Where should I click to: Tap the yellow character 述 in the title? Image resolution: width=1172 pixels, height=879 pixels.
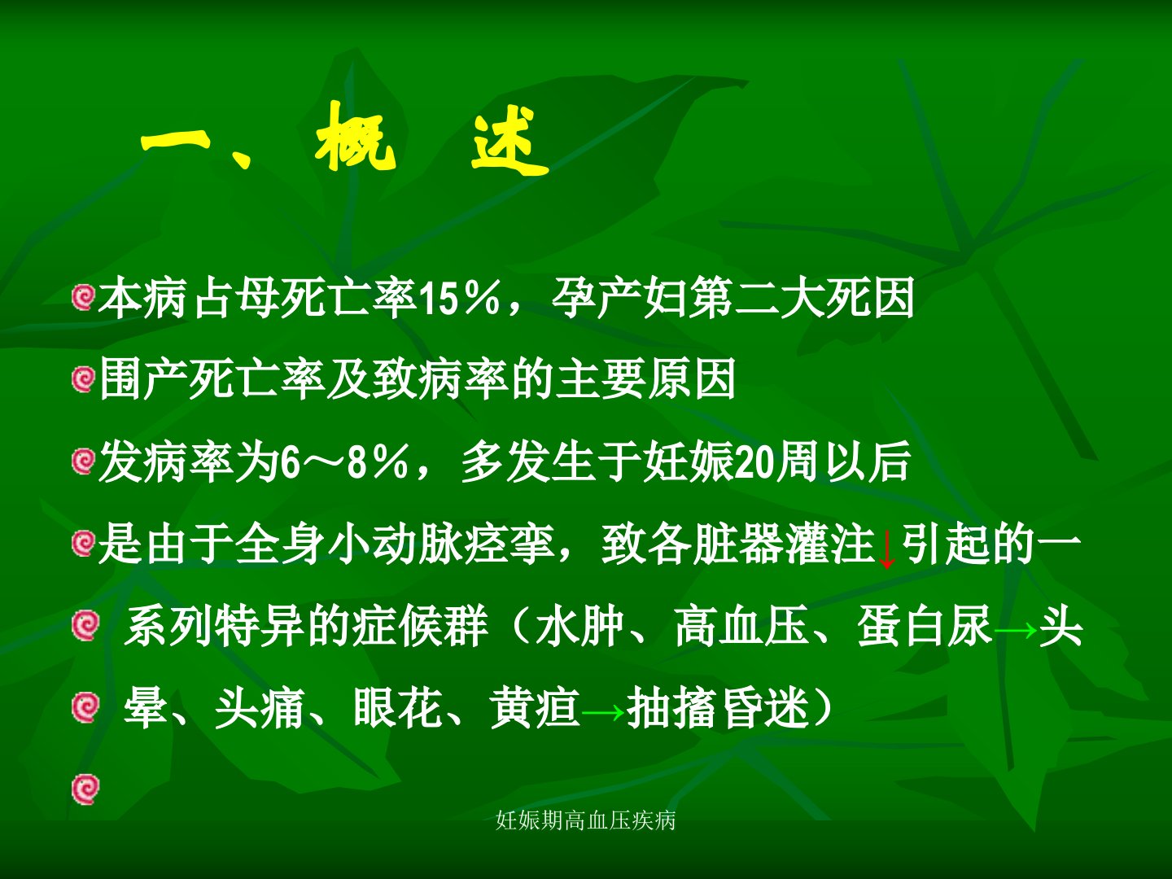[509, 142]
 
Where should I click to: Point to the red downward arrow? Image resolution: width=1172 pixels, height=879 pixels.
[887, 549]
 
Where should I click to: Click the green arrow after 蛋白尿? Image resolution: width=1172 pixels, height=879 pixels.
[1015, 631]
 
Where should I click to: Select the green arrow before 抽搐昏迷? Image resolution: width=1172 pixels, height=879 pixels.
[603, 712]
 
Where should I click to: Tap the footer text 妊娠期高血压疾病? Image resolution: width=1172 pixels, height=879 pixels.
[586, 820]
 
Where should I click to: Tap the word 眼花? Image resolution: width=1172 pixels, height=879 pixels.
[398, 708]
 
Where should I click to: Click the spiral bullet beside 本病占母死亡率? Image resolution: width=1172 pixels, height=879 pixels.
[83, 298]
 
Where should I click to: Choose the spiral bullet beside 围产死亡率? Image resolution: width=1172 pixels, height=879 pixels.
[83, 379]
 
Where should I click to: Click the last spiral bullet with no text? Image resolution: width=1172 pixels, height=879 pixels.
[85, 789]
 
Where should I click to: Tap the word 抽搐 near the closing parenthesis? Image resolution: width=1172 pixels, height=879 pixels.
[672, 708]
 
